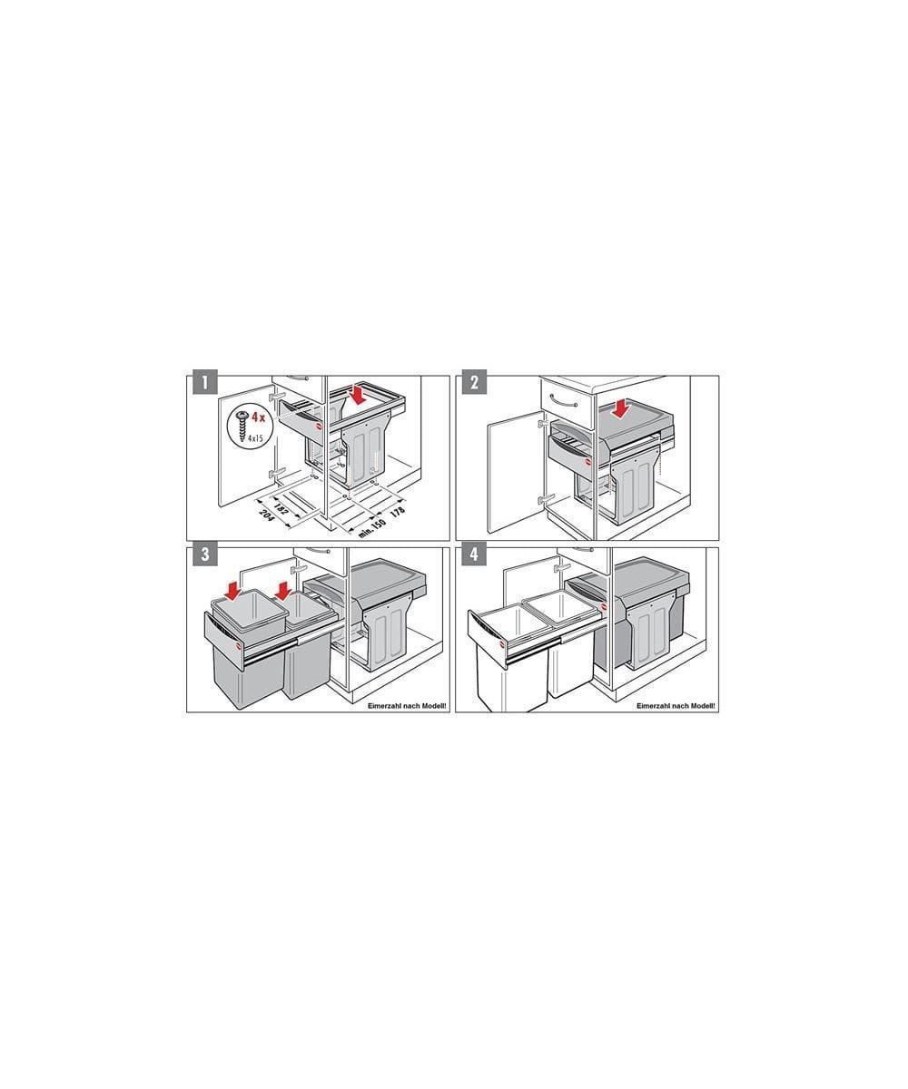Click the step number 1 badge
[205, 382]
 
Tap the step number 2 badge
[474, 382]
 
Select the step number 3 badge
[205, 554]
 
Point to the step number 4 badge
[474, 554]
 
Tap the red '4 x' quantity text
[258, 417]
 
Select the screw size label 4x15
[255, 438]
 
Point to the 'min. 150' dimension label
[372, 528]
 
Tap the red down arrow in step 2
[621, 408]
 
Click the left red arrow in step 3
[233, 591]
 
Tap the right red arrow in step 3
[283, 590]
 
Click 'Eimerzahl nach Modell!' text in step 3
[407, 706]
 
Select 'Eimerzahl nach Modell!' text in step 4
[676, 706]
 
